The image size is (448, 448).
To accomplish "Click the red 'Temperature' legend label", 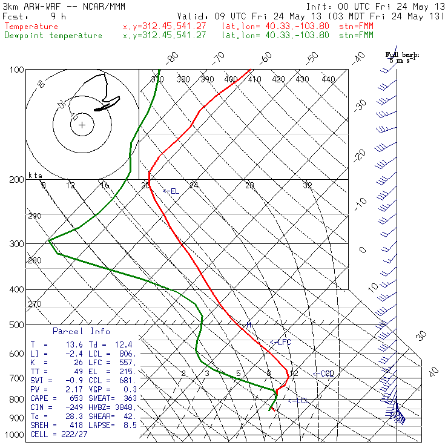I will [x=31, y=27].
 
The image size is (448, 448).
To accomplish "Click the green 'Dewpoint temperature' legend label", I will [x=53, y=35].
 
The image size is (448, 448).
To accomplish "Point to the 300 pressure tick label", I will [x=16, y=244].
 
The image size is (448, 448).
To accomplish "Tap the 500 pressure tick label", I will [x=16, y=325].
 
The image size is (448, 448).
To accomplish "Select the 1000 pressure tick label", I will [x=15, y=435].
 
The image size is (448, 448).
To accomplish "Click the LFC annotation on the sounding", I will [x=282, y=343].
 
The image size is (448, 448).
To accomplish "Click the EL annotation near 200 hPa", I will [x=172, y=191].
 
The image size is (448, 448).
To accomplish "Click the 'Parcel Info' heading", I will [x=81, y=331].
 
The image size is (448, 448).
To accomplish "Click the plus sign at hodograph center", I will [x=82, y=125].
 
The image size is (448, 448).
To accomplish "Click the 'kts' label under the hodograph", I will [x=35, y=176].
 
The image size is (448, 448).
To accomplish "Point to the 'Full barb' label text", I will [x=402, y=55].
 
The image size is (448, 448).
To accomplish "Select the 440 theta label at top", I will [x=328, y=79].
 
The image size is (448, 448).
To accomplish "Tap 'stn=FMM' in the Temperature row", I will [x=358, y=27].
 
